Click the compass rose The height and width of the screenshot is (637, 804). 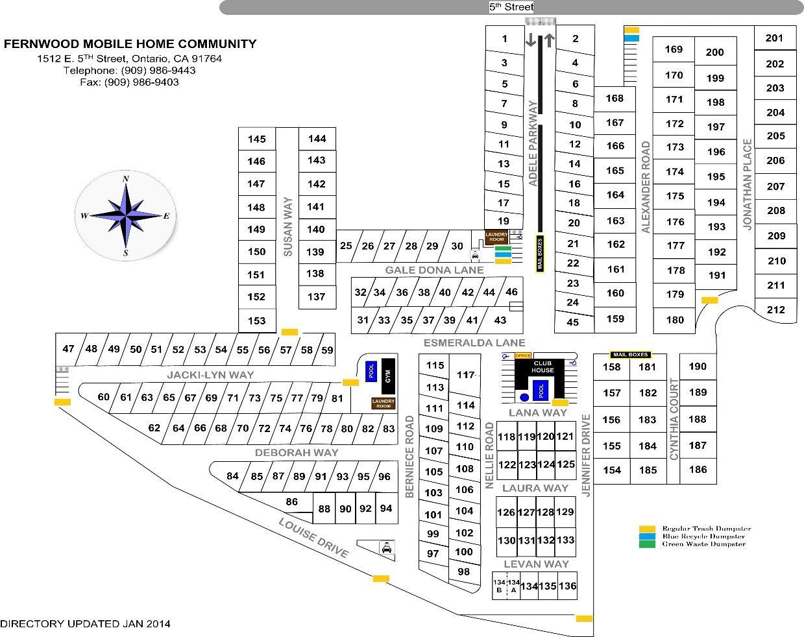click(126, 215)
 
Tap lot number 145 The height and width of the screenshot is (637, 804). click(256, 139)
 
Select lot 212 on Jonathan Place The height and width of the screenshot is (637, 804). click(775, 309)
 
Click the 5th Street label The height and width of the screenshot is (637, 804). click(511, 7)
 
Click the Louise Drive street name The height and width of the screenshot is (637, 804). click(314, 538)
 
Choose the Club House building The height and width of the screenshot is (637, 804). click(543, 367)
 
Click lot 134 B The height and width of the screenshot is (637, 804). click(499, 586)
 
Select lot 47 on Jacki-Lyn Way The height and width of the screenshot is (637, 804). click(68, 349)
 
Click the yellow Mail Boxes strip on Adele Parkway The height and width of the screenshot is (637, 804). click(539, 254)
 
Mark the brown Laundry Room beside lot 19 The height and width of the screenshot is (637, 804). click(496, 237)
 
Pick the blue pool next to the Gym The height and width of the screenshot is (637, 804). click(371, 370)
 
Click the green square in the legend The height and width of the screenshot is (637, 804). click(646, 544)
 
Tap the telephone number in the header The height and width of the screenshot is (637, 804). click(130, 70)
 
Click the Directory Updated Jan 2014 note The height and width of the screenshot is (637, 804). click(85, 623)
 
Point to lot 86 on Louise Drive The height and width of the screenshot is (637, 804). click(291, 501)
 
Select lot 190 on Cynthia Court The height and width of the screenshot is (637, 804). click(698, 366)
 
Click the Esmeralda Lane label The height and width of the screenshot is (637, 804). click(474, 343)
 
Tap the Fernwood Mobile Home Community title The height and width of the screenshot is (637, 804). click(130, 44)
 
